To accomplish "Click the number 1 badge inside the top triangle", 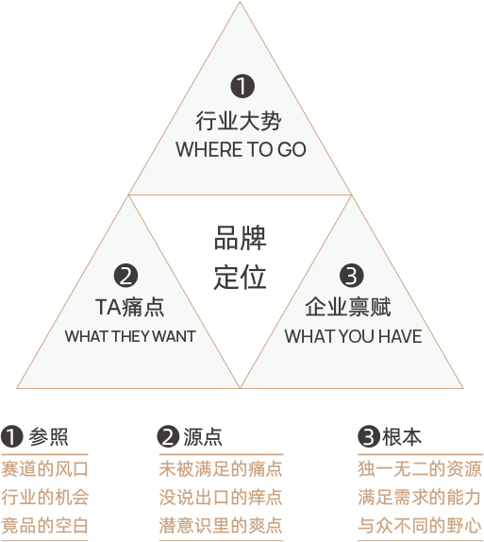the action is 242,86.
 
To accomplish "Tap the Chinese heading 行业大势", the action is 239,121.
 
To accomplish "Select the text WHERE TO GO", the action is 241,150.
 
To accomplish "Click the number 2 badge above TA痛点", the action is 126,276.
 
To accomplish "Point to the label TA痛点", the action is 129,307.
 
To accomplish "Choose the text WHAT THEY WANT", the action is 130,336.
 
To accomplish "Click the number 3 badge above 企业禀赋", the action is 351,276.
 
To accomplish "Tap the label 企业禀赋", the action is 348,307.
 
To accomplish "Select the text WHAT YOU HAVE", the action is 353,336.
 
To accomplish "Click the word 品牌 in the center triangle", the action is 240,238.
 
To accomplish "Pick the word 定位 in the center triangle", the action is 240,277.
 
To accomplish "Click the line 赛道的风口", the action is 44,469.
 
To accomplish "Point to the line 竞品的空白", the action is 44,525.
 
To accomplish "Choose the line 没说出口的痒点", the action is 221,498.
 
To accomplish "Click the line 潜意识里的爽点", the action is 221,525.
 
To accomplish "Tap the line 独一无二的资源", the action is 420,469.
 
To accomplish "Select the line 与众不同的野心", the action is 420,525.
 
